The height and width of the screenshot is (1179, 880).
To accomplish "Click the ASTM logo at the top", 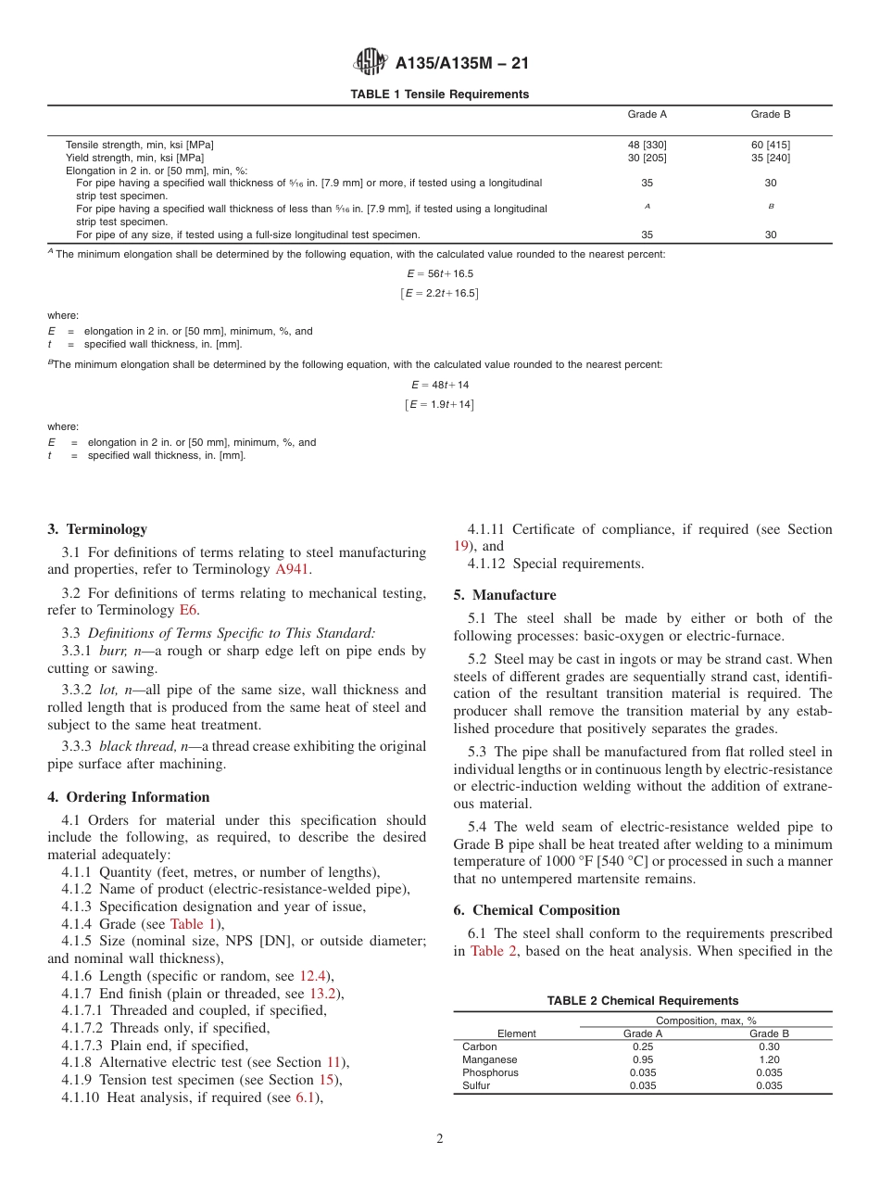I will point(371,63).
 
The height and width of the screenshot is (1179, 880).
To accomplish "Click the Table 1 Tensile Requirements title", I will point(439,95).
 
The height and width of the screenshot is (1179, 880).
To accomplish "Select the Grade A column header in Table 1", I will point(647,115).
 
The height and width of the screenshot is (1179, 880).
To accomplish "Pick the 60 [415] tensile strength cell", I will point(770,145).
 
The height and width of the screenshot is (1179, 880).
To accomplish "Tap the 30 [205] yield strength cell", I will point(647,158).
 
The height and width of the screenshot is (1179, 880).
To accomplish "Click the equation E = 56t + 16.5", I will point(440,274).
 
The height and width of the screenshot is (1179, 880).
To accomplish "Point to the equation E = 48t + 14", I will point(440,385).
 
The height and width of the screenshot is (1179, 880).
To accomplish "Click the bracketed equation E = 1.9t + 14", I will point(440,405).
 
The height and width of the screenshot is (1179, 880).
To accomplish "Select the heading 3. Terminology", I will point(97,529).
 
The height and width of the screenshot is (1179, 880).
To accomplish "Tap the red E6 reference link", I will point(188,610).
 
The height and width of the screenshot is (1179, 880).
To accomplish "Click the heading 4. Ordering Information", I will point(129,797).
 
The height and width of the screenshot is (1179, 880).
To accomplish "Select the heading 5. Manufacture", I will point(505,595).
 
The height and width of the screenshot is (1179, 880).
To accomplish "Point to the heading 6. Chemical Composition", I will point(536,910).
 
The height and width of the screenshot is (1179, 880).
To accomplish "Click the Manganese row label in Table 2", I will point(489,1059).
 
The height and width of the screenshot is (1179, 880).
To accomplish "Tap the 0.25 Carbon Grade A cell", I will point(643,1046).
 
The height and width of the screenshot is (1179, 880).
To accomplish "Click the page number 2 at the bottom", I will point(440,1139).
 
